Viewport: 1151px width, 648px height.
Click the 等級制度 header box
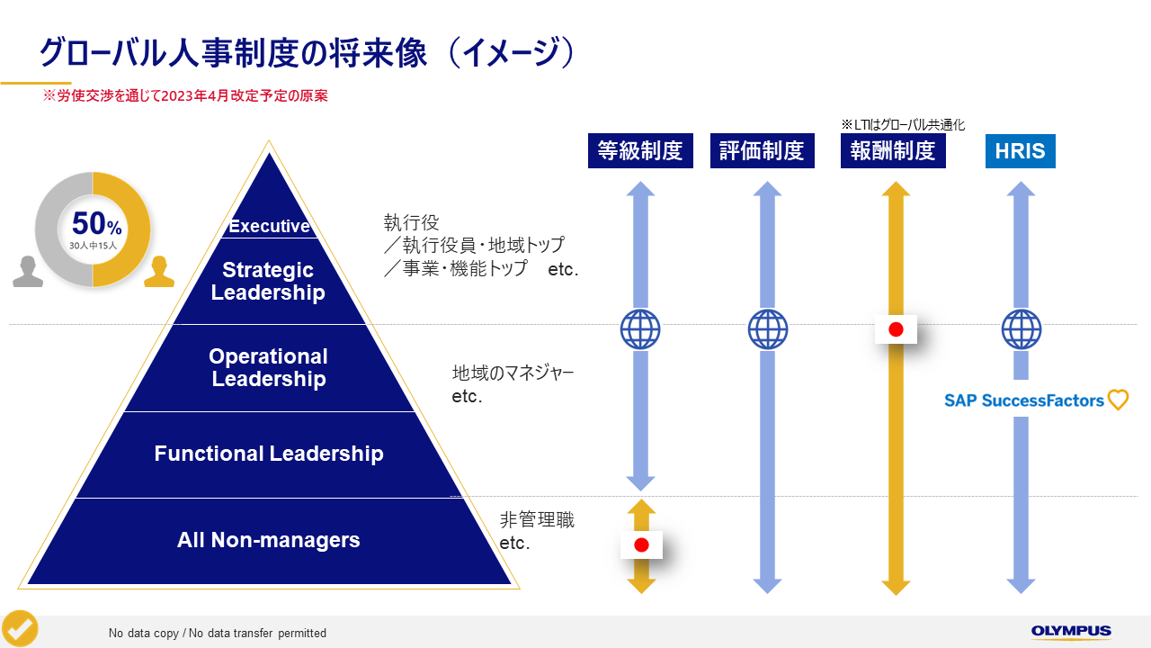640,150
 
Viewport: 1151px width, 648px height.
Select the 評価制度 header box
762,150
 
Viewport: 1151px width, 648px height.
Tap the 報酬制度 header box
893,150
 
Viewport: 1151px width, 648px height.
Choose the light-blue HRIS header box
1020,150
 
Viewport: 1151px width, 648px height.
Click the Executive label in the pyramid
269,226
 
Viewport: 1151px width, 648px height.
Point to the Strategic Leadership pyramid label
268,281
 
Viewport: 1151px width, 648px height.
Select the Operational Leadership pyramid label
268,367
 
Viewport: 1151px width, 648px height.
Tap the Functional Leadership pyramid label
268,454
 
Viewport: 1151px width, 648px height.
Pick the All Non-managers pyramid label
268,540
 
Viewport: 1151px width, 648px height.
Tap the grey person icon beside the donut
28,272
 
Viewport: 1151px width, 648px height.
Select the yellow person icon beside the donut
159,272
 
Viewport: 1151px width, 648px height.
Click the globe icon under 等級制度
640,329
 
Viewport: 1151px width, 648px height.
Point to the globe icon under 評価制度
767,329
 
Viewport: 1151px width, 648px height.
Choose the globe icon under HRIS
1021,329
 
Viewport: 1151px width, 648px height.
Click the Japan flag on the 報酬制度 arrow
896,329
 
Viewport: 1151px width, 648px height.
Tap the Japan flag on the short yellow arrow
641,544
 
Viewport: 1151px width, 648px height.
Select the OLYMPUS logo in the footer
1071,632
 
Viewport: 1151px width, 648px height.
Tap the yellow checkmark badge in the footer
20,628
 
